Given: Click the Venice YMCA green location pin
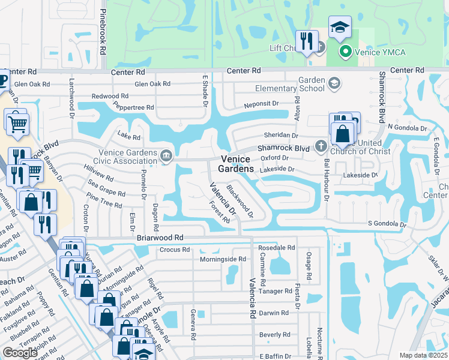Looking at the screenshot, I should click(345, 52).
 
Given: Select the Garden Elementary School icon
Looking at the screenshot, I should click(334, 83).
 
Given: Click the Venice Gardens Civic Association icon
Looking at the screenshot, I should click(166, 157).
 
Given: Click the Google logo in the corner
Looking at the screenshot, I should click(20, 353).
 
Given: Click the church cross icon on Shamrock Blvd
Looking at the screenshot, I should click(321, 146).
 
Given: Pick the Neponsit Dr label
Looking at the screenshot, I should click(261, 104).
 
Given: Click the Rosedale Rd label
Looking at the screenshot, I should click(276, 247).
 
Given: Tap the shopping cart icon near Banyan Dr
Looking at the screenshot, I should click(17, 122).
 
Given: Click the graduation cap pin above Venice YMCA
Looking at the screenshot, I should click(340, 27).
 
